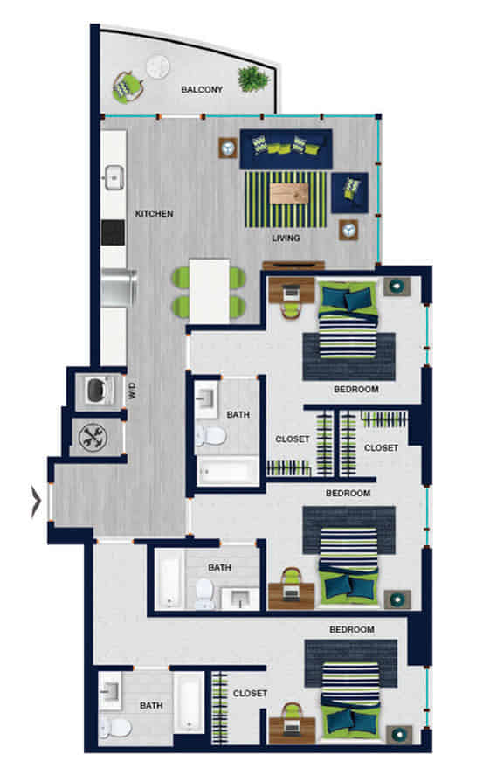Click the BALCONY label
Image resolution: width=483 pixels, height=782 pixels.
tap(202, 89)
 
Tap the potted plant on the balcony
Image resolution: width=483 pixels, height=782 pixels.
tap(253, 78)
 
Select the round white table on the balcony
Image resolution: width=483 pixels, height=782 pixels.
tap(158, 66)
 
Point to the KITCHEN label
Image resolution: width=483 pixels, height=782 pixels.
tap(154, 213)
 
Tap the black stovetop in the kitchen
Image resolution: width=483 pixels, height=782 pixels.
tap(114, 232)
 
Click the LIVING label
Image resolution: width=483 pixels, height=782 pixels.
tap(286, 238)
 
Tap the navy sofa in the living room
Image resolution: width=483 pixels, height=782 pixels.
tap(286, 149)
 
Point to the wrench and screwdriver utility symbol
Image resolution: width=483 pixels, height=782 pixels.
tap(92, 436)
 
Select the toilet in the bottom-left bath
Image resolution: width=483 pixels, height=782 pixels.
tap(114, 725)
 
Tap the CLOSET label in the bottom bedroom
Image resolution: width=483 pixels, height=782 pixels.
tap(250, 694)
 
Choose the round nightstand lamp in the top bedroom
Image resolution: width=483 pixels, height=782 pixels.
tap(396, 285)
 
